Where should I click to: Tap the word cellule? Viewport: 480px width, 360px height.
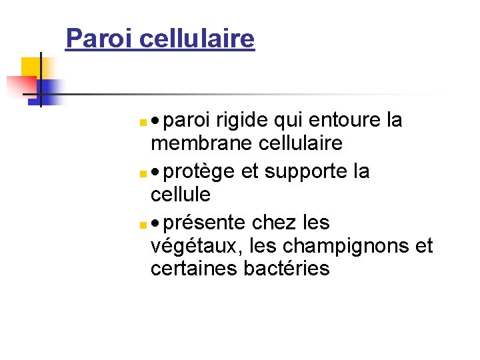click(181, 195)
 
